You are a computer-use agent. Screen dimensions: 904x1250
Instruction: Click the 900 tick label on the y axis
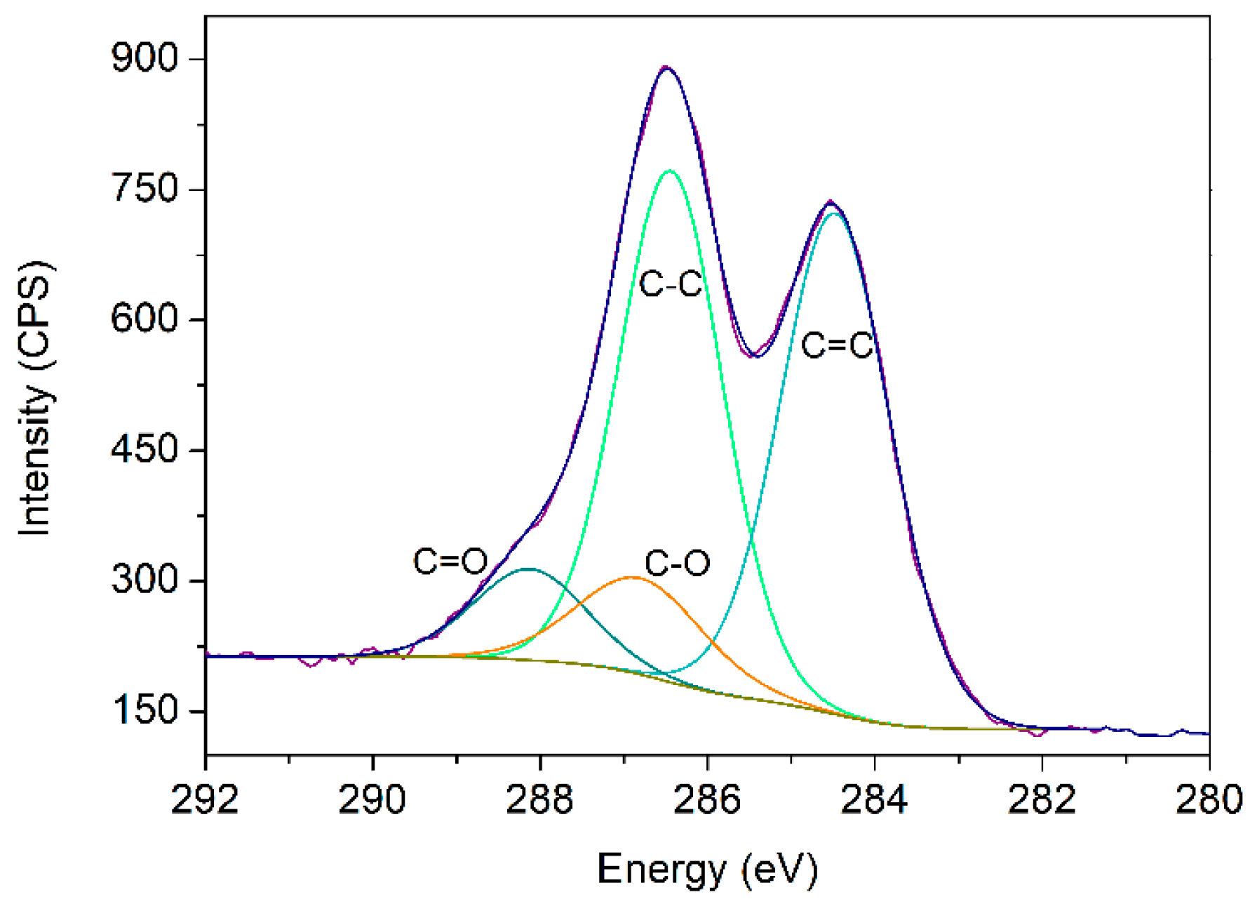click(x=146, y=59)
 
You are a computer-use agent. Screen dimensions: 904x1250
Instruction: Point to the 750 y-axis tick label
click(x=146, y=190)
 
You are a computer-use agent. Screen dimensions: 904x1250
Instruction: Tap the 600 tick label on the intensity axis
click(x=146, y=319)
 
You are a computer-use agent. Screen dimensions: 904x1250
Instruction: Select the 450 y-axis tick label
click(x=146, y=450)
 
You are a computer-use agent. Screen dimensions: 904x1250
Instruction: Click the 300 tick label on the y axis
click(x=146, y=580)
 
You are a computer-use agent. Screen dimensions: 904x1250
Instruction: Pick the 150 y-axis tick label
click(x=146, y=710)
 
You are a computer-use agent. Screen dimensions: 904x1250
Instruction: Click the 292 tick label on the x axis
click(x=205, y=801)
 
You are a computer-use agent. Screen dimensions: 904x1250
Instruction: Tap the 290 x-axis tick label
click(x=372, y=801)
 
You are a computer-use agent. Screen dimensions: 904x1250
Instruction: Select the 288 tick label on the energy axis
click(x=539, y=801)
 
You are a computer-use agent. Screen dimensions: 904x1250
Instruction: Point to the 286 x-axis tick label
click(x=707, y=801)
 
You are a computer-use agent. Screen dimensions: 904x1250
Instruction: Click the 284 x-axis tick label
click(x=874, y=801)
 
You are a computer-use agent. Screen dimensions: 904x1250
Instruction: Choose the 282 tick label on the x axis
click(x=1042, y=801)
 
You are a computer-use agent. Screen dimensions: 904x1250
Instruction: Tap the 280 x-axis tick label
click(x=1209, y=801)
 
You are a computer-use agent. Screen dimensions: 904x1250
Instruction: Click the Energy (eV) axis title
click(x=707, y=870)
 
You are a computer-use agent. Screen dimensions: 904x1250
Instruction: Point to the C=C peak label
click(x=837, y=346)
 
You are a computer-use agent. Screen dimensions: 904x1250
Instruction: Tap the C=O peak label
click(x=450, y=561)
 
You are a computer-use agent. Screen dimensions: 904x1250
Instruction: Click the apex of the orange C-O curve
click(x=633, y=578)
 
